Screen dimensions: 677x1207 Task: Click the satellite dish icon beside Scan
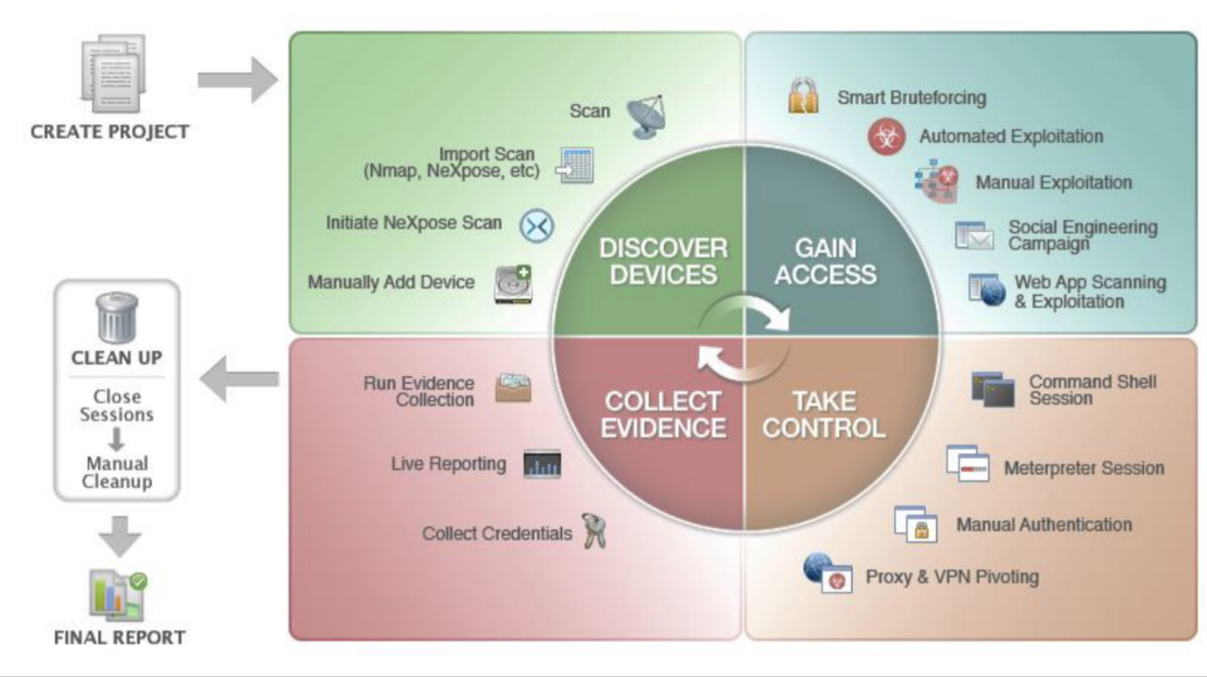click(647, 116)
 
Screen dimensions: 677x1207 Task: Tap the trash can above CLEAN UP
click(117, 317)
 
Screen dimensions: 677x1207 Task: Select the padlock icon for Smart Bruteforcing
click(803, 96)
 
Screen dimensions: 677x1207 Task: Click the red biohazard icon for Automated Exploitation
click(886, 137)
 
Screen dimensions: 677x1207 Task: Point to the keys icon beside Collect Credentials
click(594, 531)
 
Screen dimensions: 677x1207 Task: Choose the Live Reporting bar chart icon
click(542, 464)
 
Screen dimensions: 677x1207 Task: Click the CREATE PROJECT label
click(109, 131)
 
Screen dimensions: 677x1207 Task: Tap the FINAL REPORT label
click(119, 637)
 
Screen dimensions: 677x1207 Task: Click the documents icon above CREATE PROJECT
click(113, 73)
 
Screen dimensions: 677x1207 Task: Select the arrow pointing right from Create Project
click(237, 79)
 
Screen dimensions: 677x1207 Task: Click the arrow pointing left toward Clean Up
click(238, 379)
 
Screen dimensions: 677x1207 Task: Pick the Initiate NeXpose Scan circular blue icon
click(537, 226)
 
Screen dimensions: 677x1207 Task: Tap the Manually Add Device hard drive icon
click(513, 283)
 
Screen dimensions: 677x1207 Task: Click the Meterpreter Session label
click(1083, 468)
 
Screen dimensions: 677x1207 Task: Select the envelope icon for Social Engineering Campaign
click(974, 236)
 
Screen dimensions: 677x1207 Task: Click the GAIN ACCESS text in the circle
click(825, 261)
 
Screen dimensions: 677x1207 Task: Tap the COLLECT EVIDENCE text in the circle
click(663, 414)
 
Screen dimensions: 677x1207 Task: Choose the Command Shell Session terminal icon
click(992, 389)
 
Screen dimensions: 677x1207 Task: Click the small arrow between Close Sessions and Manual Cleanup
click(116, 439)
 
